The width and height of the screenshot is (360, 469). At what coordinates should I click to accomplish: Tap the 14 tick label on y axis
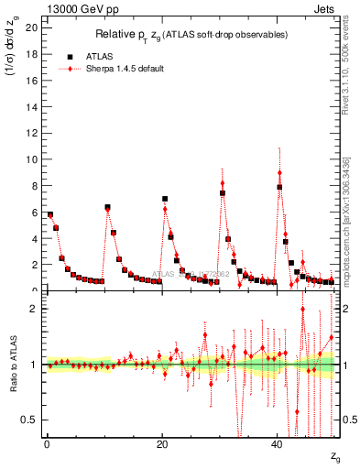click(x=31, y=106)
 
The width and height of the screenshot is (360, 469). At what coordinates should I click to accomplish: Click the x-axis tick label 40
click(x=278, y=444)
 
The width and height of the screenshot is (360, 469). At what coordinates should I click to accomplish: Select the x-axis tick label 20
click(x=162, y=444)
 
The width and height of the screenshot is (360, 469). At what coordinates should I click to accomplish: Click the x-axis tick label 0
click(x=47, y=444)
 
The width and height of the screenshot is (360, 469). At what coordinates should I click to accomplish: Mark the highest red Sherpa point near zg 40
click(x=279, y=172)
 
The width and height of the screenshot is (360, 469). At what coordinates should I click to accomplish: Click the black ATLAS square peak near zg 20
click(x=165, y=199)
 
